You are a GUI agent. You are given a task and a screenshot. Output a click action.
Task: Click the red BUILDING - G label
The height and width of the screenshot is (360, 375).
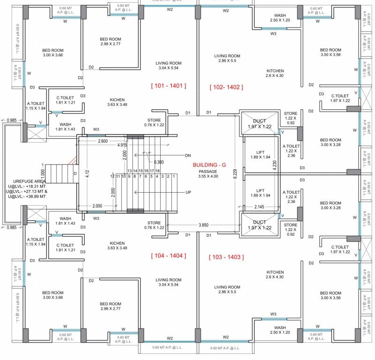209,165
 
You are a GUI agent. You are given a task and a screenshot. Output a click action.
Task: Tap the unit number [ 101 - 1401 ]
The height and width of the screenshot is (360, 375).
169,86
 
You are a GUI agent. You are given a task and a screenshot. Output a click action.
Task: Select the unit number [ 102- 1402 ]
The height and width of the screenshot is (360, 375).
227,87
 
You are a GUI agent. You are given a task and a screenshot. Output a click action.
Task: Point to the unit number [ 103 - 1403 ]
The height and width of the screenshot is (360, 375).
226,257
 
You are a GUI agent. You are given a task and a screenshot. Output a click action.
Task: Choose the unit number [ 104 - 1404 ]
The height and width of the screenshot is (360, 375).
169,255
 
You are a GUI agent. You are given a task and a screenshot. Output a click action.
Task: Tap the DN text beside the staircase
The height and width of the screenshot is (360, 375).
188,155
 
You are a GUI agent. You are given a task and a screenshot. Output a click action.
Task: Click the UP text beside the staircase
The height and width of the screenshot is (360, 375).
188,192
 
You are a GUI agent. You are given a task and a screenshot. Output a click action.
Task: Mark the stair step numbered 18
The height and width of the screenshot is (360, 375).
158,171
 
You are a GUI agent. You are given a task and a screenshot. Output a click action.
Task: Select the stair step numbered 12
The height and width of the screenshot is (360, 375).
113,176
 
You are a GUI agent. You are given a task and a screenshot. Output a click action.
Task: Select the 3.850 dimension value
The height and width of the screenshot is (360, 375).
203,225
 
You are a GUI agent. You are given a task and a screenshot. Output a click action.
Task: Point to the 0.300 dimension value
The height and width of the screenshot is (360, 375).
159,162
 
